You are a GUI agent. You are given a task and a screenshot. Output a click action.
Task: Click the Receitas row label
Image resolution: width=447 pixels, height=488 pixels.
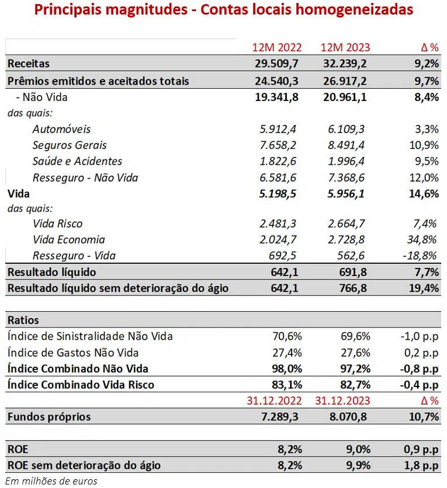coord(29,64)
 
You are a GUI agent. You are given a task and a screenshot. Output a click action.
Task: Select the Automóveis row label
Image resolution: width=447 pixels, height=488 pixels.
coord(61,129)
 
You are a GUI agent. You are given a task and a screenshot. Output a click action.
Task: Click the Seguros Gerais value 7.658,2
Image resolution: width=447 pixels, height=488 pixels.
coord(278,145)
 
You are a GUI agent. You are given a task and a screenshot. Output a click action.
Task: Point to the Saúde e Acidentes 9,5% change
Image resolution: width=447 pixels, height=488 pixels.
coord(425,162)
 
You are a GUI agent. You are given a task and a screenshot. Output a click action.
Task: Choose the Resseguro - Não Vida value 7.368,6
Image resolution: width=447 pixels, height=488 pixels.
coord(346,177)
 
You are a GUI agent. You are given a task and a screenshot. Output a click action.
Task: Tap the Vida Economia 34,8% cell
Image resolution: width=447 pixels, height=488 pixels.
coord(424,240)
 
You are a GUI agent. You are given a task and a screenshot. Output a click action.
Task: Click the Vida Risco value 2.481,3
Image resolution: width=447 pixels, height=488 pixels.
coord(278,224)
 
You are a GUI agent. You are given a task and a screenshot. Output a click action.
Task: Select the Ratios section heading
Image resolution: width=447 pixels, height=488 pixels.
coord(23,320)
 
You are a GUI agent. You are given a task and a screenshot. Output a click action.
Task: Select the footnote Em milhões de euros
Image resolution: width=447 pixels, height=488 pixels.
coord(52,481)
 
